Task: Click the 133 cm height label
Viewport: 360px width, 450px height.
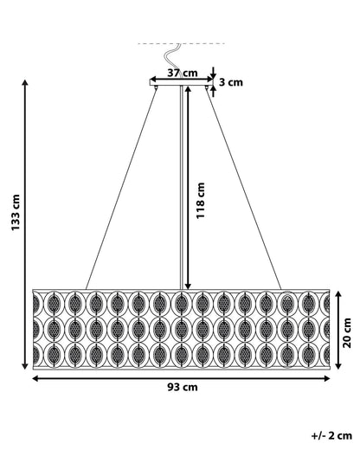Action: [16, 212]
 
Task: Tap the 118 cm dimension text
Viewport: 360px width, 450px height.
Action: [200, 201]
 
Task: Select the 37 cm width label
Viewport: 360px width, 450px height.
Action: [183, 73]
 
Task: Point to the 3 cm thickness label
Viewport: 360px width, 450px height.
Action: [231, 82]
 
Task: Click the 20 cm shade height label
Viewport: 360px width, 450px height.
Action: [347, 332]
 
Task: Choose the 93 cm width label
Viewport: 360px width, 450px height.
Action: [183, 387]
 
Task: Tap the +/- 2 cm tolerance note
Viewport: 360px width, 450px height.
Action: [331, 435]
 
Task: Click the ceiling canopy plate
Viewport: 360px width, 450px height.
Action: [181, 83]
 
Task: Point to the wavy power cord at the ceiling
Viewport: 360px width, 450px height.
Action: [172, 58]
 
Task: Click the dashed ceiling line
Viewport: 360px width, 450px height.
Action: [181, 43]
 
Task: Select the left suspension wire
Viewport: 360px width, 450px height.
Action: [121, 189]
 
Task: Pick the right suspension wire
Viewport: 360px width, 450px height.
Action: [244, 189]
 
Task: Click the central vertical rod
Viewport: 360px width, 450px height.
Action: [181, 188]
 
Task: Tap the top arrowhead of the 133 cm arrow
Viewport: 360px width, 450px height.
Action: [25, 83]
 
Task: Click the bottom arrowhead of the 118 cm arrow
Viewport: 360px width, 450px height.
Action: [188, 286]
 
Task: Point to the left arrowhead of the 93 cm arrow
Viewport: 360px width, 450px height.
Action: [35, 378]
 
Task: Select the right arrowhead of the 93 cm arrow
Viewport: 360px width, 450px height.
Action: [326, 378]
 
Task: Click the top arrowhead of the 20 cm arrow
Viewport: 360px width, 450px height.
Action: [338, 294]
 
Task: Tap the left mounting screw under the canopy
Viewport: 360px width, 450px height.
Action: [156, 87]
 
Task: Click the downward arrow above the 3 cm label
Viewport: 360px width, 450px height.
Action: [213, 73]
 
